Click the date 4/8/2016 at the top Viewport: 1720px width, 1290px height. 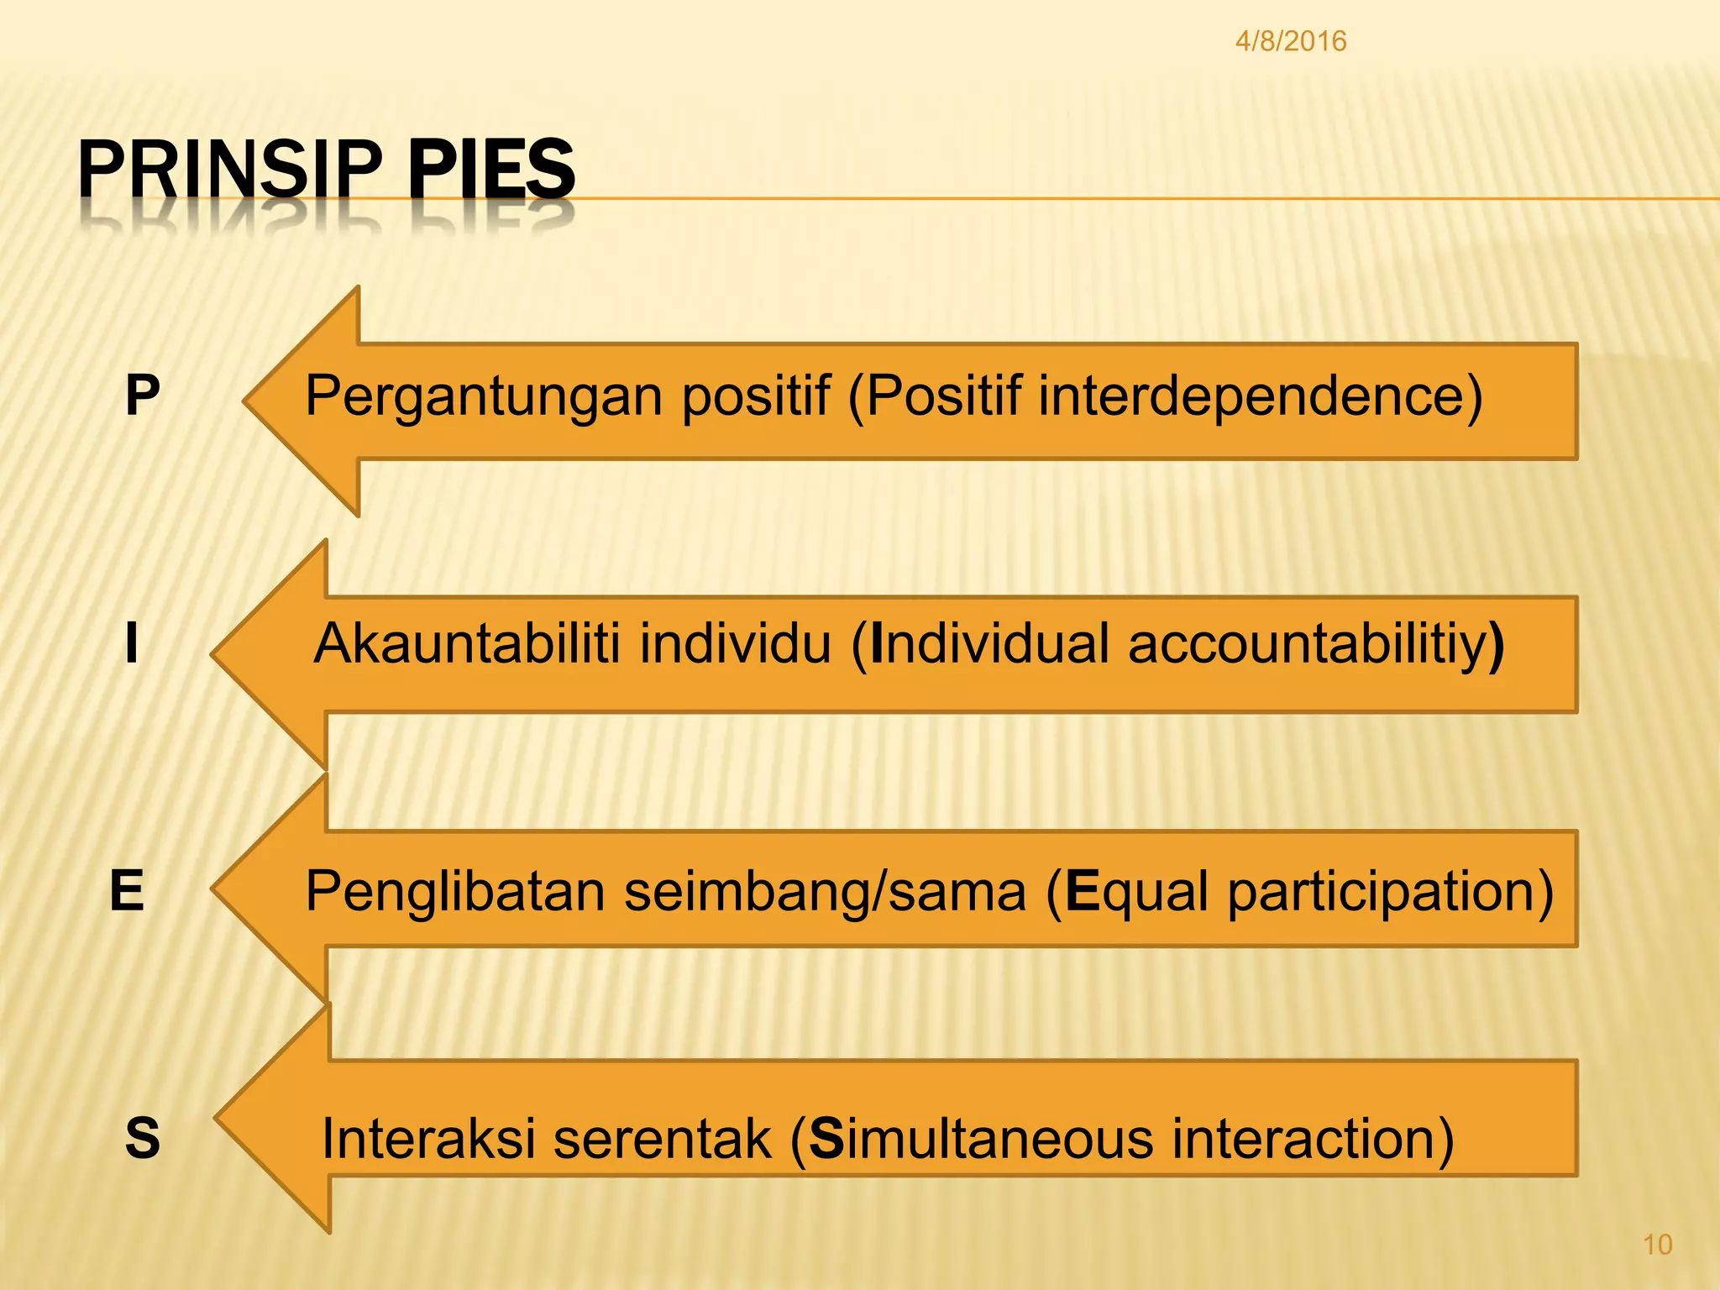click(1290, 41)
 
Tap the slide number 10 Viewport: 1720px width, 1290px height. click(1657, 1244)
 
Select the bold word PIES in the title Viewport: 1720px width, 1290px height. click(491, 170)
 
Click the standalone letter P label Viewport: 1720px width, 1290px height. click(142, 395)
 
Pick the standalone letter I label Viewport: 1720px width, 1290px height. click(131, 643)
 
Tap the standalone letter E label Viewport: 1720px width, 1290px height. click(127, 890)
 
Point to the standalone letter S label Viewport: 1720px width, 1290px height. click(142, 1139)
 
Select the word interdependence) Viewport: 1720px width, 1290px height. click(1260, 395)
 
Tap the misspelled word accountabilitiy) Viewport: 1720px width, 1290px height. click(1315, 645)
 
